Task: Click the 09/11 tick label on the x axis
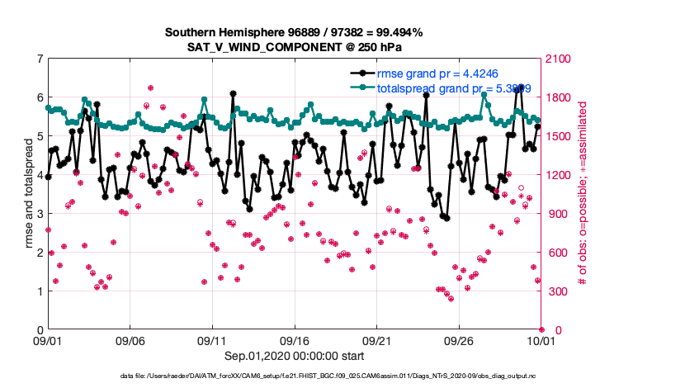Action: click(x=212, y=340)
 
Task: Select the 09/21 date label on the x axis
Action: click(x=376, y=340)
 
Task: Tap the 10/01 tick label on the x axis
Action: click(x=541, y=340)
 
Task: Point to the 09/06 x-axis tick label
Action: click(x=130, y=340)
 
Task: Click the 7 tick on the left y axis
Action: click(x=40, y=59)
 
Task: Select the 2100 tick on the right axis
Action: click(x=558, y=59)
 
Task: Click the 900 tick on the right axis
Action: click(x=555, y=214)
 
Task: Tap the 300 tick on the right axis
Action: click(x=555, y=291)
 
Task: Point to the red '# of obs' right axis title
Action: click(x=582, y=195)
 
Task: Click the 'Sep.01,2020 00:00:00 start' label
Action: click(x=294, y=357)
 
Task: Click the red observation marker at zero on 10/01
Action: click(x=541, y=329)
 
